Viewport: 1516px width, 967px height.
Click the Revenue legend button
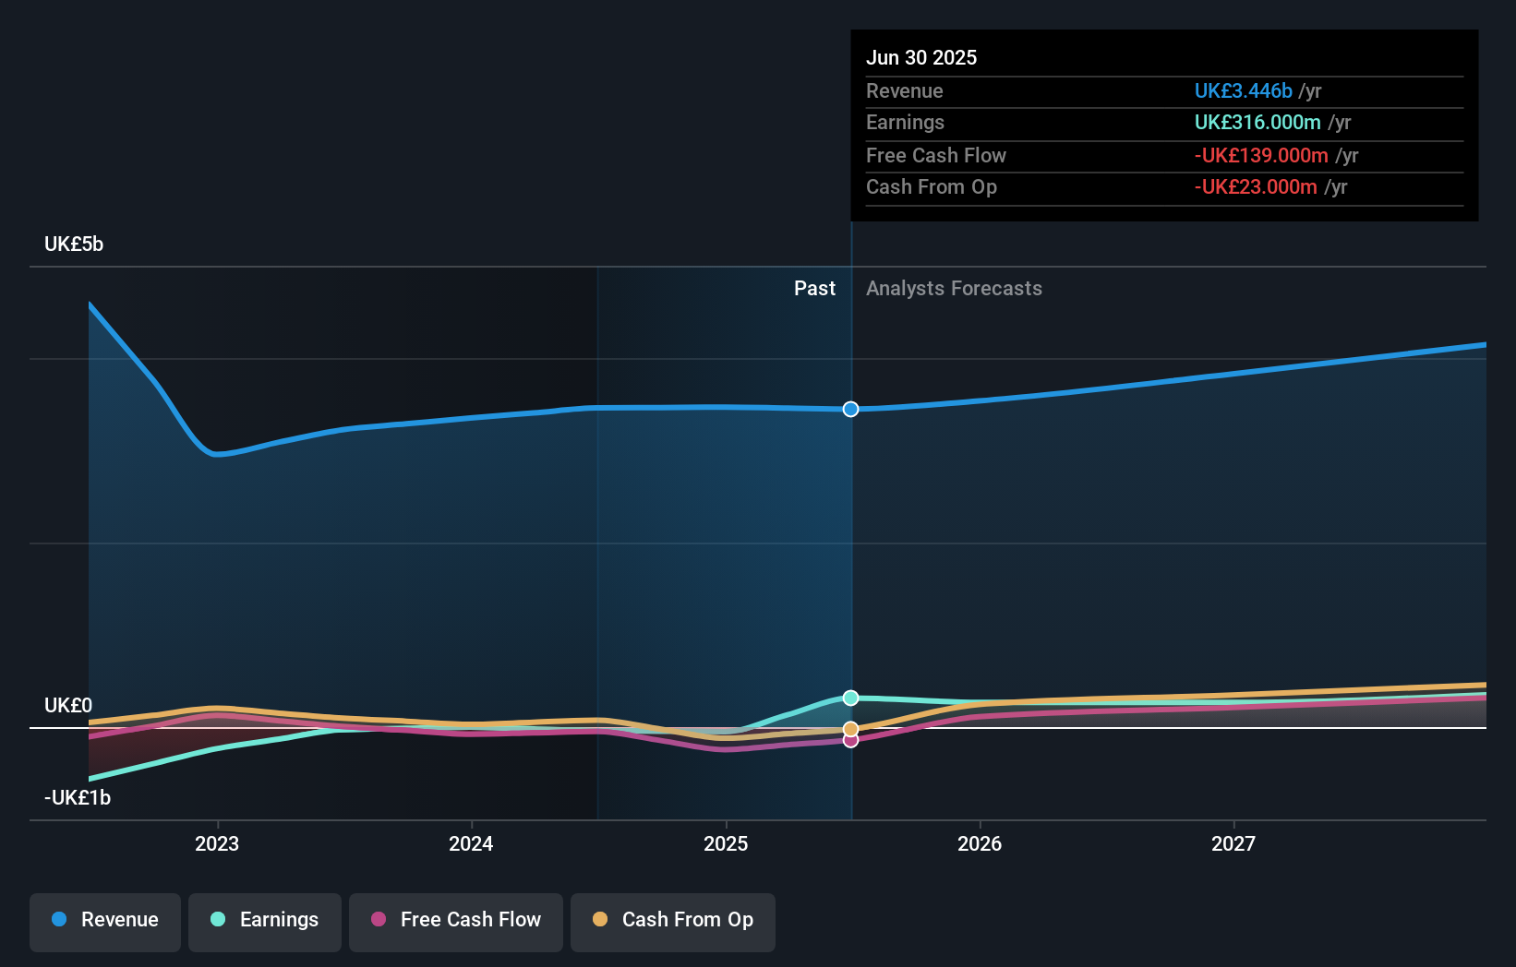pyautogui.click(x=105, y=920)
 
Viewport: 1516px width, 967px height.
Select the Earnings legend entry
pyautogui.click(x=265, y=920)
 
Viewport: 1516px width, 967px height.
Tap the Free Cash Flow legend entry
pyautogui.click(x=456, y=920)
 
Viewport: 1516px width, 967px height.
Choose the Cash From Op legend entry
pyautogui.click(x=673, y=920)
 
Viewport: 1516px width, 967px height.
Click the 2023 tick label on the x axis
pyautogui.click(x=217, y=843)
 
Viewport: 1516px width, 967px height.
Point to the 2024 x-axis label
pyautogui.click(x=471, y=843)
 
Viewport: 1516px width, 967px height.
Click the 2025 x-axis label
pyautogui.click(x=726, y=843)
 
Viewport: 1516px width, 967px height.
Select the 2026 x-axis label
pyautogui.click(x=980, y=843)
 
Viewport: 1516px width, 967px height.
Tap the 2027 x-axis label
pyautogui.click(x=1233, y=843)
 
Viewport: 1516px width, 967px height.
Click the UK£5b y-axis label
pyautogui.click(x=74, y=245)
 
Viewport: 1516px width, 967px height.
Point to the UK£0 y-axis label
pyautogui.click(x=68, y=706)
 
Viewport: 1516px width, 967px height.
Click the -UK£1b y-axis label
pyautogui.click(x=78, y=798)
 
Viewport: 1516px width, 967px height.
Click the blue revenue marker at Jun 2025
pyautogui.click(x=850, y=409)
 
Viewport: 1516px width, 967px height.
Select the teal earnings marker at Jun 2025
pyautogui.click(x=850, y=698)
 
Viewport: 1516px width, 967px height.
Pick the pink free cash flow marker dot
pyautogui.click(x=850, y=740)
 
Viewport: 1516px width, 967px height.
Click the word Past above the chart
pyautogui.click(x=814, y=289)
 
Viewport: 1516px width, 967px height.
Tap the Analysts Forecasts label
pyautogui.click(x=954, y=289)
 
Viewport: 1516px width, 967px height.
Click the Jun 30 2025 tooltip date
pyautogui.click(x=921, y=57)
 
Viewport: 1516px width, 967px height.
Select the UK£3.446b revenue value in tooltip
pyautogui.click(x=1243, y=90)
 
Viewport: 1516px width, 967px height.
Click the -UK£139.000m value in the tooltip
pyautogui.click(x=1261, y=155)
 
